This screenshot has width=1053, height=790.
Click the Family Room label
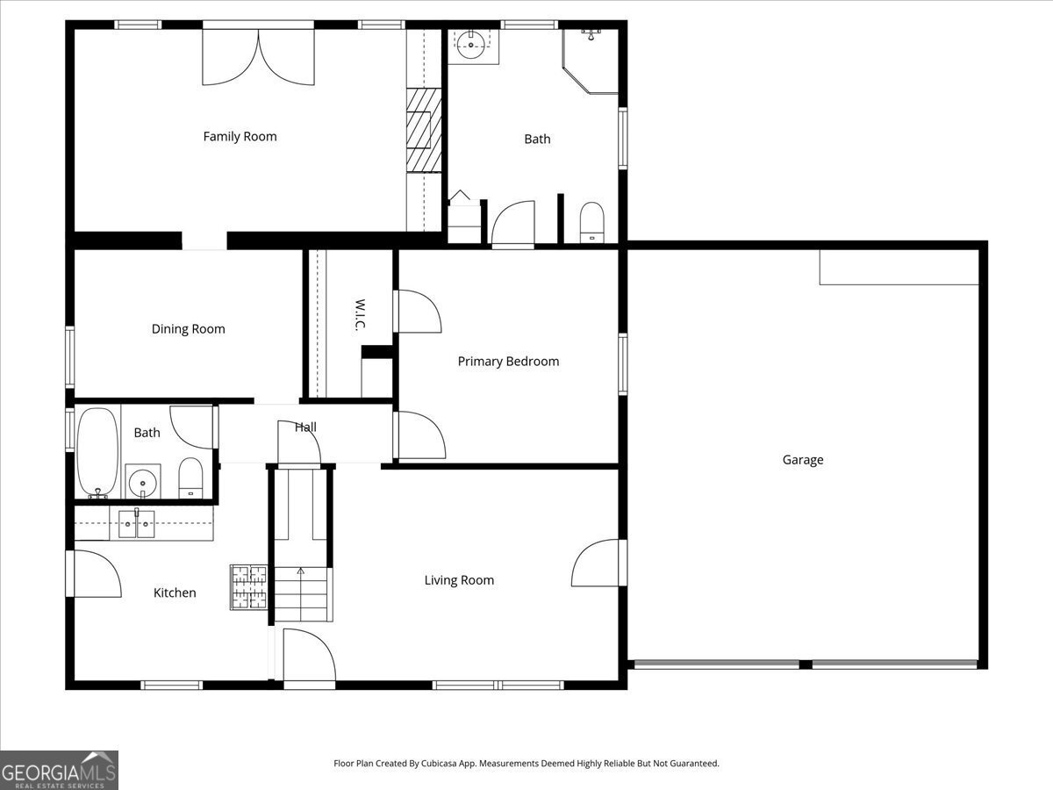point(240,136)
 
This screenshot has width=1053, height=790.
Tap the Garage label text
point(803,459)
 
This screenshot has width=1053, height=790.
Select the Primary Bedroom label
point(508,361)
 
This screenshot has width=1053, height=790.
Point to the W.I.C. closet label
point(360,316)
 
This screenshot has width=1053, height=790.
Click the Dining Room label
point(188,329)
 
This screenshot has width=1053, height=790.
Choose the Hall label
point(305,427)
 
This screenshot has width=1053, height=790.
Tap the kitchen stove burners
point(248,587)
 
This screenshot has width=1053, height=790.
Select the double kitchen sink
point(136,524)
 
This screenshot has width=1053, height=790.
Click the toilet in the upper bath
point(592,221)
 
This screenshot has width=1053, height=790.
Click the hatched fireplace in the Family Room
point(424,130)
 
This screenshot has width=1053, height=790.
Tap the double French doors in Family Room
point(258,58)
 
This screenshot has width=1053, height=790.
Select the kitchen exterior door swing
point(95,574)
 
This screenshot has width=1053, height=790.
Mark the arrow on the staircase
point(301,571)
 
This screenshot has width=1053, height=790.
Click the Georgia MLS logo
point(59,770)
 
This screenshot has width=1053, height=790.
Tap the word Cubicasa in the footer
point(448,764)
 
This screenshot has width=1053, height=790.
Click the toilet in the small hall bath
point(190,478)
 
